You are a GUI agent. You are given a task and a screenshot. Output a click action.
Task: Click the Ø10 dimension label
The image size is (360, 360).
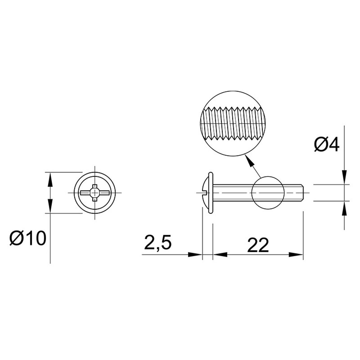coord(28,238)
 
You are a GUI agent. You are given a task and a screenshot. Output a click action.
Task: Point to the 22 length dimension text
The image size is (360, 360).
coord(258,245)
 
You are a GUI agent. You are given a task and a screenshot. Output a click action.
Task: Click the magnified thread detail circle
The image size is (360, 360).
coord(233,124)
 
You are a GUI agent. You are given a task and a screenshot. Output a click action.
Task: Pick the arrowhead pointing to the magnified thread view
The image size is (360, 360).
coord(249,160)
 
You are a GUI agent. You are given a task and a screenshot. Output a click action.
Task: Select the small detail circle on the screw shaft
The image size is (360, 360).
coord(268,193)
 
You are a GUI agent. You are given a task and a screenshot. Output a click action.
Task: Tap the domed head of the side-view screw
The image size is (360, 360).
coord(205,192)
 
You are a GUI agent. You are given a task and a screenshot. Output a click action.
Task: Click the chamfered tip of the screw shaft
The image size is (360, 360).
coord(303,193)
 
